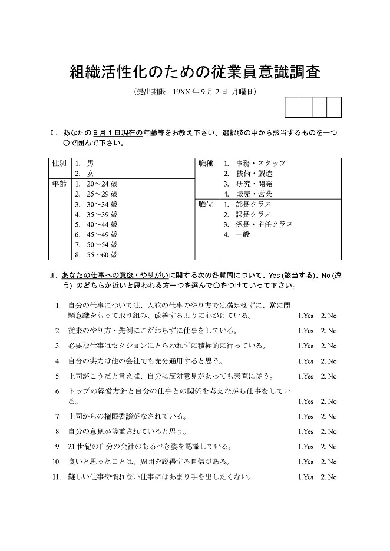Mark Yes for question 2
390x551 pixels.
tap(306, 331)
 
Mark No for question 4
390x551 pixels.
tap(329, 361)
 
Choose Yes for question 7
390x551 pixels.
tap(306, 417)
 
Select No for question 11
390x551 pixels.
tap(329, 477)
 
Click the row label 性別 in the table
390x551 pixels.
tap(59, 163)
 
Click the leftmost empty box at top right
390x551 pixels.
tap(292, 108)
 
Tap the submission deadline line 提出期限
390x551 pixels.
tap(195, 92)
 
